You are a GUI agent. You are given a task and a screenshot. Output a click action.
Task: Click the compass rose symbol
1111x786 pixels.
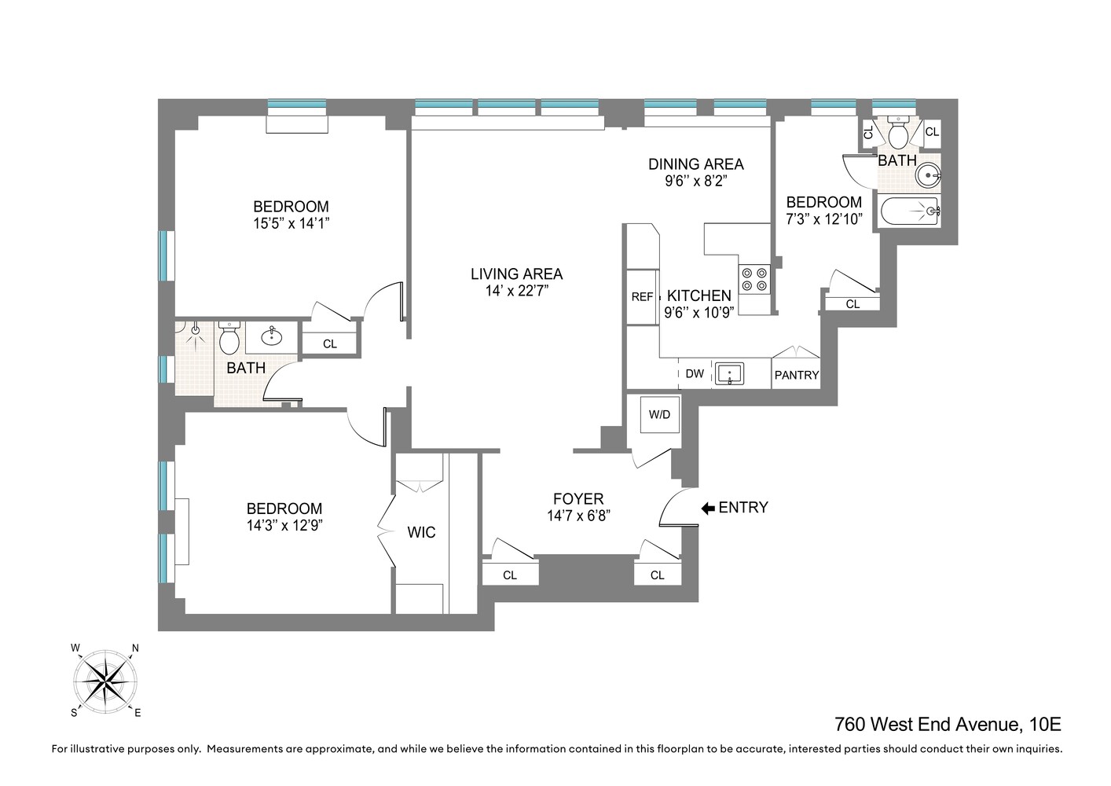105,680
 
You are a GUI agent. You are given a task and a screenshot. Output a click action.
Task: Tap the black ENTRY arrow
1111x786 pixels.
708,508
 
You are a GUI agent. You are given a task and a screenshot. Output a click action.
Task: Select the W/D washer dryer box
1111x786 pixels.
659,414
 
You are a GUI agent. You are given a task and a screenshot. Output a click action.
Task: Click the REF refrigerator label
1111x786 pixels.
642,297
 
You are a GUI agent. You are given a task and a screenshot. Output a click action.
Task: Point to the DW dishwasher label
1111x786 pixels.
695,374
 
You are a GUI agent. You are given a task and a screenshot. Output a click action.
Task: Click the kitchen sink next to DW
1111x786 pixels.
730,374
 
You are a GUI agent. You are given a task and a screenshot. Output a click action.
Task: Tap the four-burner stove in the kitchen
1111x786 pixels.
754,279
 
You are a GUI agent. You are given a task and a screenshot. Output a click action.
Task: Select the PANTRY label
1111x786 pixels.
797,375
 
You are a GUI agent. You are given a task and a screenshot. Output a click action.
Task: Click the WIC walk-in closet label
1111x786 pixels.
421,533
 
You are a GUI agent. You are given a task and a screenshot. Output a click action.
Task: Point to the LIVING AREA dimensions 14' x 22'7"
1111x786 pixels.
516,291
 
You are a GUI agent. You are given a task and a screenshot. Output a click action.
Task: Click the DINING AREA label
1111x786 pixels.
695,164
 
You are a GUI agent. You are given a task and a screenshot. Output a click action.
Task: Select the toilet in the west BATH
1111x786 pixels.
229,339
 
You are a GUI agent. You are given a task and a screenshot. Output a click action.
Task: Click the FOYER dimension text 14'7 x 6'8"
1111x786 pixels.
578,516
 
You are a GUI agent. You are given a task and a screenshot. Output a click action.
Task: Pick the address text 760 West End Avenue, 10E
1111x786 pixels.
948,724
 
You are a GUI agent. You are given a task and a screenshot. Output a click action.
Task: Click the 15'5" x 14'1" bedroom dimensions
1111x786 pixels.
290,223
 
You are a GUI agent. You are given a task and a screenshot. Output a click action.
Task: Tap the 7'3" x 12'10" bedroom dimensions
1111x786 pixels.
824,219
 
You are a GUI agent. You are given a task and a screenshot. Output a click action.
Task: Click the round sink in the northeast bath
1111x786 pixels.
929,174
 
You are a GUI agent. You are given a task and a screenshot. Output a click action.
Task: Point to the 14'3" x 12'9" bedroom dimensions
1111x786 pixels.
284,525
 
